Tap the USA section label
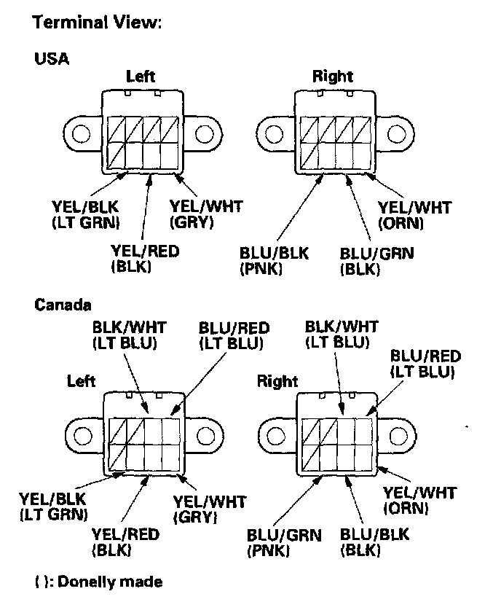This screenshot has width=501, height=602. pos(52,59)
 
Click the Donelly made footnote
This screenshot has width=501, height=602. pos(98,581)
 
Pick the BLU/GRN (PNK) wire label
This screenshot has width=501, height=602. pos(284,542)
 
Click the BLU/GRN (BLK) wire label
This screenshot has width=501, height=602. pos(376,261)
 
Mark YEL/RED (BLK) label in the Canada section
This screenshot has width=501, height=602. pos(126,542)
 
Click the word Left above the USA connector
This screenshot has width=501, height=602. pos(140,76)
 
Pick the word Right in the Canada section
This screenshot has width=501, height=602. pos(277,380)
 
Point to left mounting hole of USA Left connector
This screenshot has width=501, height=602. pos(81,134)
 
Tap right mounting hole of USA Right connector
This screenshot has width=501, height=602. pos(397,134)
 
